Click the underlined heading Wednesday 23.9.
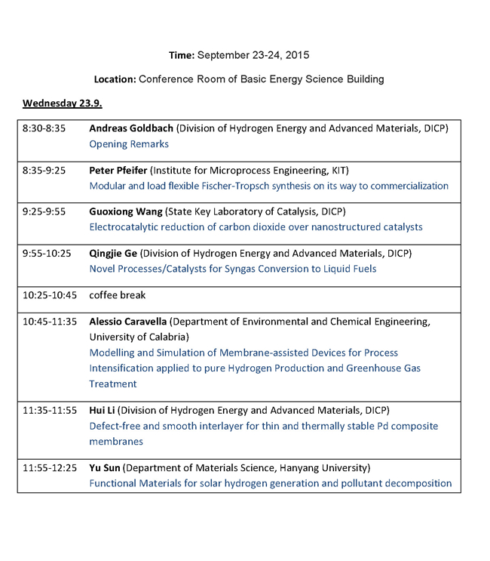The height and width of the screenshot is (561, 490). pos(68,103)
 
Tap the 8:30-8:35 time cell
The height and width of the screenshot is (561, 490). pos(44,128)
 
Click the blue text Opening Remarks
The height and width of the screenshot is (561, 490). pos(129,143)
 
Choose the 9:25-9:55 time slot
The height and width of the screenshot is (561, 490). pos(44,211)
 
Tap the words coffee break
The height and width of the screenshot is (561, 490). pos(118,295)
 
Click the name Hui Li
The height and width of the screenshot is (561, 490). pos(103,410)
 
